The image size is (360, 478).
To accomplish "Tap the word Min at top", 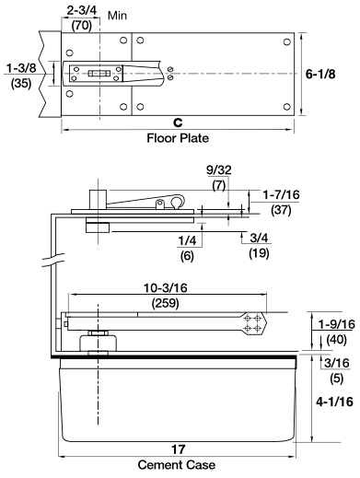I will (x=118, y=16).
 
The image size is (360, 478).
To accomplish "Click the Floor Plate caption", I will (x=179, y=138).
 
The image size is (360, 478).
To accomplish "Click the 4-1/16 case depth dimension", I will (x=331, y=402).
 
